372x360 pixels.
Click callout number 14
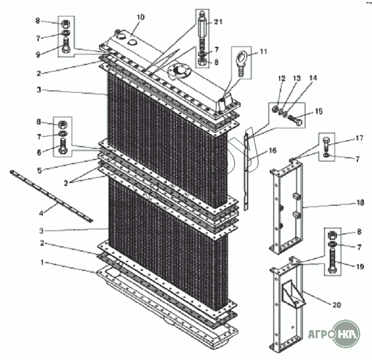(x=313, y=79)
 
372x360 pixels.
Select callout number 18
(x=359, y=203)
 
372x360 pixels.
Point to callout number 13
(x=296, y=79)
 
